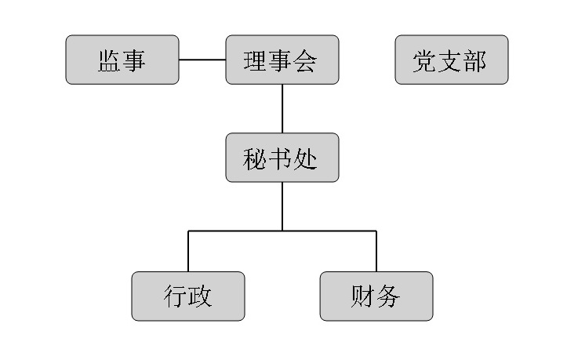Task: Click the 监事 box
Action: (122, 60)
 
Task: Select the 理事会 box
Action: (282, 60)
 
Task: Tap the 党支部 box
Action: (451, 60)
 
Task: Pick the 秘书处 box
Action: (282, 158)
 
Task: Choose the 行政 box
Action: (188, 296)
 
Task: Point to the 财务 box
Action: (376, 296)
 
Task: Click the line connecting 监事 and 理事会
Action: (202, 60)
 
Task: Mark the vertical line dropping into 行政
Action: (188, 251)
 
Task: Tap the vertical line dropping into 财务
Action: (376, 251)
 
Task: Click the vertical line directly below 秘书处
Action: (282, 206)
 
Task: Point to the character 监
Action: (109, 60)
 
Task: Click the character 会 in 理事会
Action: (306, 60)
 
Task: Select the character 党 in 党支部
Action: (426, 60)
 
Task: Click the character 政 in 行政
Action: (201, 297)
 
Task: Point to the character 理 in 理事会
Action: (257, 60)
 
